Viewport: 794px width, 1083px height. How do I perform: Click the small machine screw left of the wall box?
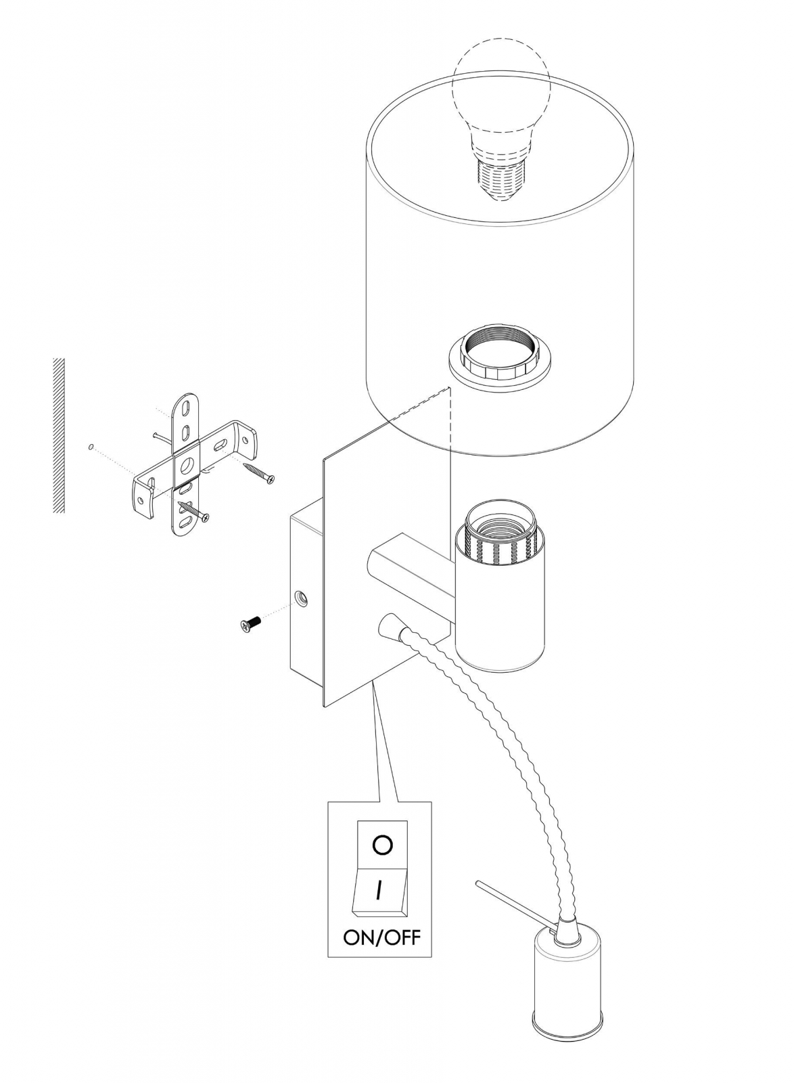pos(250,623)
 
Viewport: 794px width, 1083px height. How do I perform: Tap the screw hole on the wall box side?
pos(300,597)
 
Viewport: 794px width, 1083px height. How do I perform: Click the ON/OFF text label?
pos(381,937)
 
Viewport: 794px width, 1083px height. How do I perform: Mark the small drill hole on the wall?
pos(90,447)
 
